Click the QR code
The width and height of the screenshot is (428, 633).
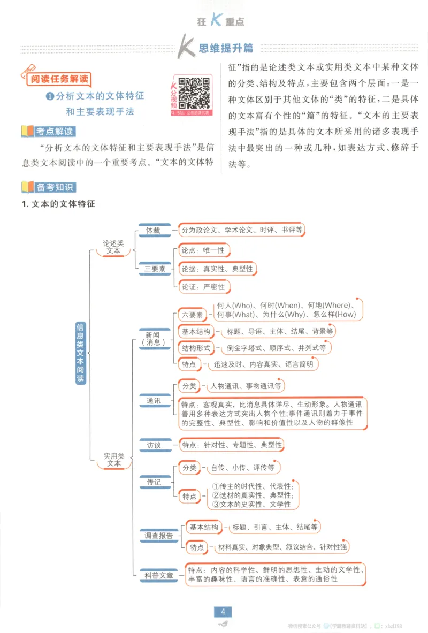coord(194,93)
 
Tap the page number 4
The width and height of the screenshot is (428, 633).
coord(223,612)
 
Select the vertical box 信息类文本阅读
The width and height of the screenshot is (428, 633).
coord(80,352)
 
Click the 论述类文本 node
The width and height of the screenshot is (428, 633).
coord(113,247)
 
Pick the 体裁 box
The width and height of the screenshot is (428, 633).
coord(153,230)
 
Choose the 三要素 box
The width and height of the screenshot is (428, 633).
coord(155,269)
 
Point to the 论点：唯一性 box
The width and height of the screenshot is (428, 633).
coord(203,250)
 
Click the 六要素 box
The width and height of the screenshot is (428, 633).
coord(192,315)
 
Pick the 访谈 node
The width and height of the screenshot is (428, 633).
coord(154,445)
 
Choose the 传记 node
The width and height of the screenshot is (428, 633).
coord(154,482)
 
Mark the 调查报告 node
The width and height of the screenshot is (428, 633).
coord(158,536)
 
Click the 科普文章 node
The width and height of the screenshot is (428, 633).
coord(159,575)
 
